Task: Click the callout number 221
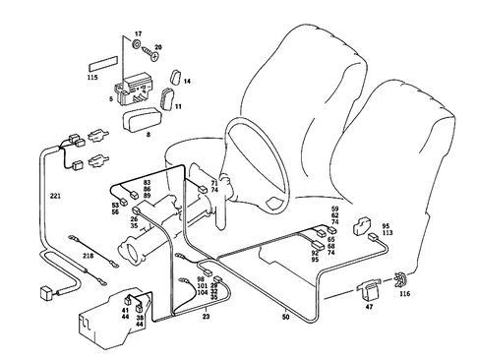(55, 197)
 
